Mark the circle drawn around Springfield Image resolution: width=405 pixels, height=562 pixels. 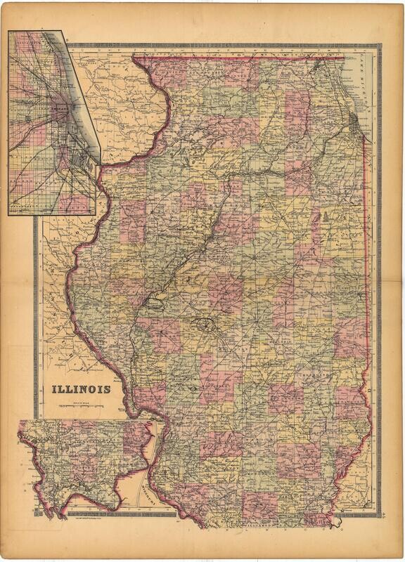point(205,325)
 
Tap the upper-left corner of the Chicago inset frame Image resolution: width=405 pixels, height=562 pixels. point(8,32)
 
